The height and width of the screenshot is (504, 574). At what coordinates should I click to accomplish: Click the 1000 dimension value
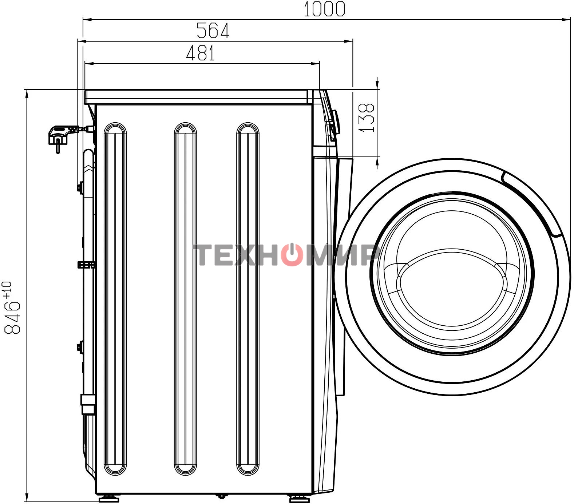[324, 9]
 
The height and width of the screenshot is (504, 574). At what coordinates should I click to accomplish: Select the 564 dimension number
[213, 31]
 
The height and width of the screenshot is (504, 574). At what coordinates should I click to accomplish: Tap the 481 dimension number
[201, 53]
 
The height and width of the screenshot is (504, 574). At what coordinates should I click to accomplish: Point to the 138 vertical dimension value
[367, 118]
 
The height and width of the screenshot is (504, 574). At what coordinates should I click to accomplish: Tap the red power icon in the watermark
[291, 254]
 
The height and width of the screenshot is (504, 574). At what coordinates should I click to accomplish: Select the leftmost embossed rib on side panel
[115, 299]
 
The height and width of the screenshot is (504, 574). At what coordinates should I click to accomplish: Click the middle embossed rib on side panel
[185, 299]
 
